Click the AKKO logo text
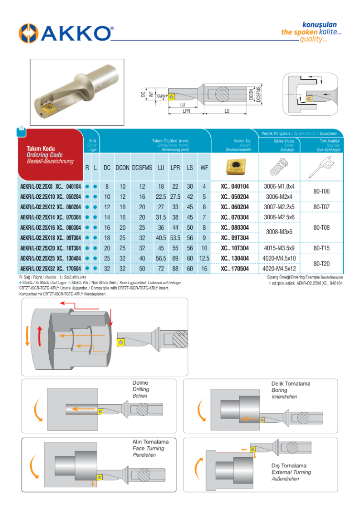76,33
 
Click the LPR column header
175,168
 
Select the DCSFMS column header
142,168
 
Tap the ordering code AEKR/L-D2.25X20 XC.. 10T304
51,248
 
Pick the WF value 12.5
204,258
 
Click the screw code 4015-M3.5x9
280,248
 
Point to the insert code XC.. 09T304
235,238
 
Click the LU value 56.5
161,258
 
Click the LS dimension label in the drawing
227,111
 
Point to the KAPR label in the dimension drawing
161,97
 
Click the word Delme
140,383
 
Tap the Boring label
279,390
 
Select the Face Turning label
148,448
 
